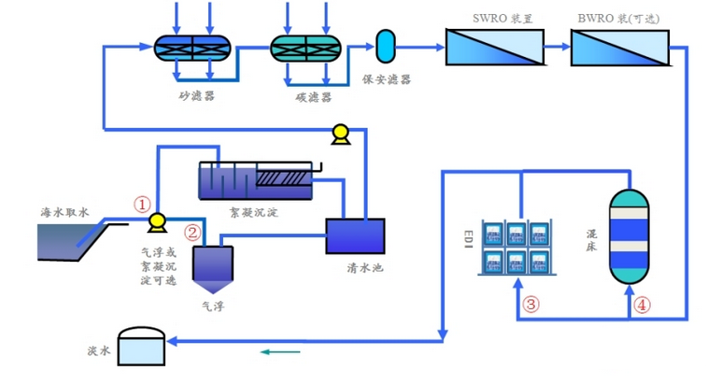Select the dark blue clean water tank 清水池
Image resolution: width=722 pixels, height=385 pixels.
coord(354,236)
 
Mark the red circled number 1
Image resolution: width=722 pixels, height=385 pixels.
coord(142,203)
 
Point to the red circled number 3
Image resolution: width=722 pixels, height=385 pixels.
coord(531,304)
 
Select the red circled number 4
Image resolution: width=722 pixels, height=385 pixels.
coord(642,304)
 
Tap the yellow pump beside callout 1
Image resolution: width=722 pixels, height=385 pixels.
coord(157,221)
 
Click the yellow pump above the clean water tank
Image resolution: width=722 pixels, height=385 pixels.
coord(339,134)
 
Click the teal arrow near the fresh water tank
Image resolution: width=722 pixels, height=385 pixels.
coord(280,352)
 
